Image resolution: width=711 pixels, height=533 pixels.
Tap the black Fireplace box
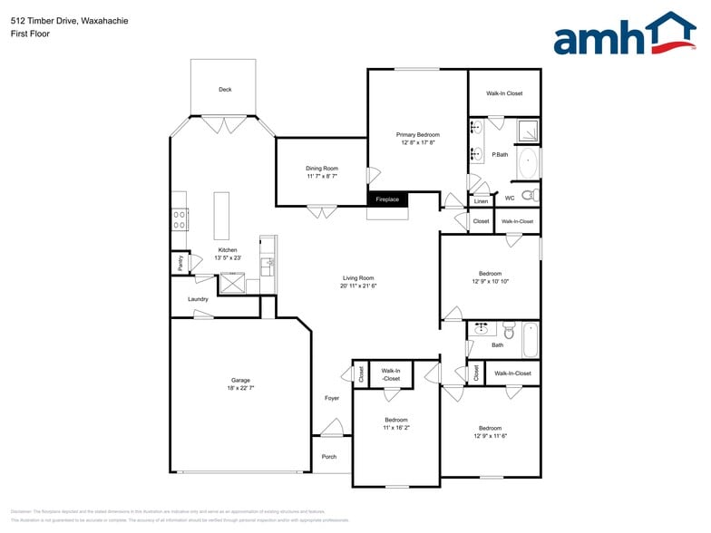point(387,199)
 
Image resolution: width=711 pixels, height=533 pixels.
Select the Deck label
point(225,90)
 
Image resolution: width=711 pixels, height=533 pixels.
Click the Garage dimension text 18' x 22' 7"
point(240,388)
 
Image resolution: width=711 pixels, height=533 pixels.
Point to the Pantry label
point(180,264)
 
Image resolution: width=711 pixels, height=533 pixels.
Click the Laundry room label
point(198,299)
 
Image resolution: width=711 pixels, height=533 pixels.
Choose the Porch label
point(329,457)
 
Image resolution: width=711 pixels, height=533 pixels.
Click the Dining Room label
point(322,168)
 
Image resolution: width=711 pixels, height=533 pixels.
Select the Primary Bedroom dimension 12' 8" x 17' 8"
point(417,142)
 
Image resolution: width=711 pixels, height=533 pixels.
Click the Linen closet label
point(481,201)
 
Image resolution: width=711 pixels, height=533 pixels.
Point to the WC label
point(510,198)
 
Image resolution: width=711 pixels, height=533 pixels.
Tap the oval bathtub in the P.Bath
point(528,165)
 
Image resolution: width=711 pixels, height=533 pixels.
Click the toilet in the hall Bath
point(509,331)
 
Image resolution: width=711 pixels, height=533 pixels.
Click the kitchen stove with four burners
point(180,218)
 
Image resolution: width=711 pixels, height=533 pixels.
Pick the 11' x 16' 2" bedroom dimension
point(396,428)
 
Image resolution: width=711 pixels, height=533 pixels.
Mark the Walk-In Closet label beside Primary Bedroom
point(504,93)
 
